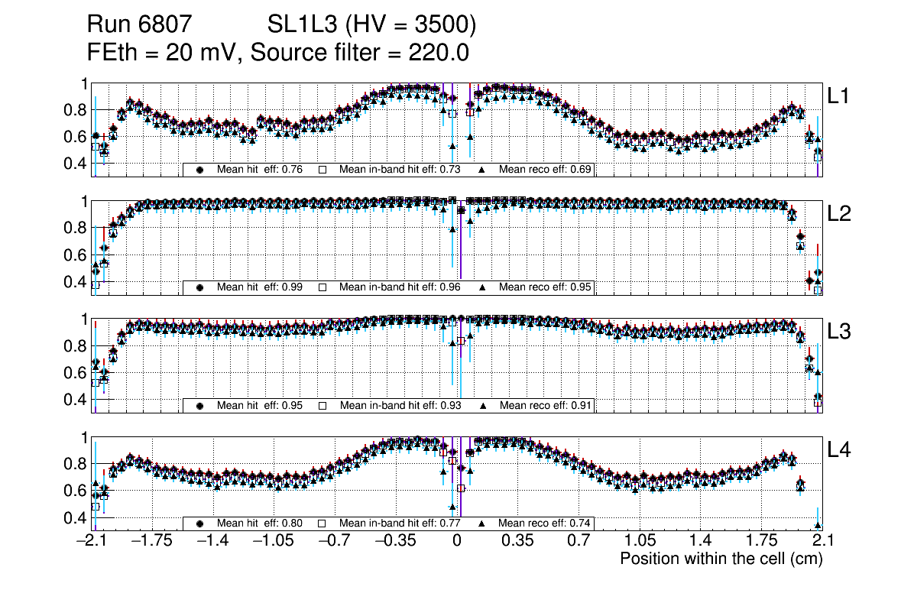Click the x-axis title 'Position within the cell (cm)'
[721, 559]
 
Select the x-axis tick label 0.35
[518, 541]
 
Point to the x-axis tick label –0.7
[335, 541]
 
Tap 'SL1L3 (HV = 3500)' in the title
[372, 26]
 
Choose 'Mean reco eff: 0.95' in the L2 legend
[546, 287]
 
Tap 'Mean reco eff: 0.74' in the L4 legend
[546, 524]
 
